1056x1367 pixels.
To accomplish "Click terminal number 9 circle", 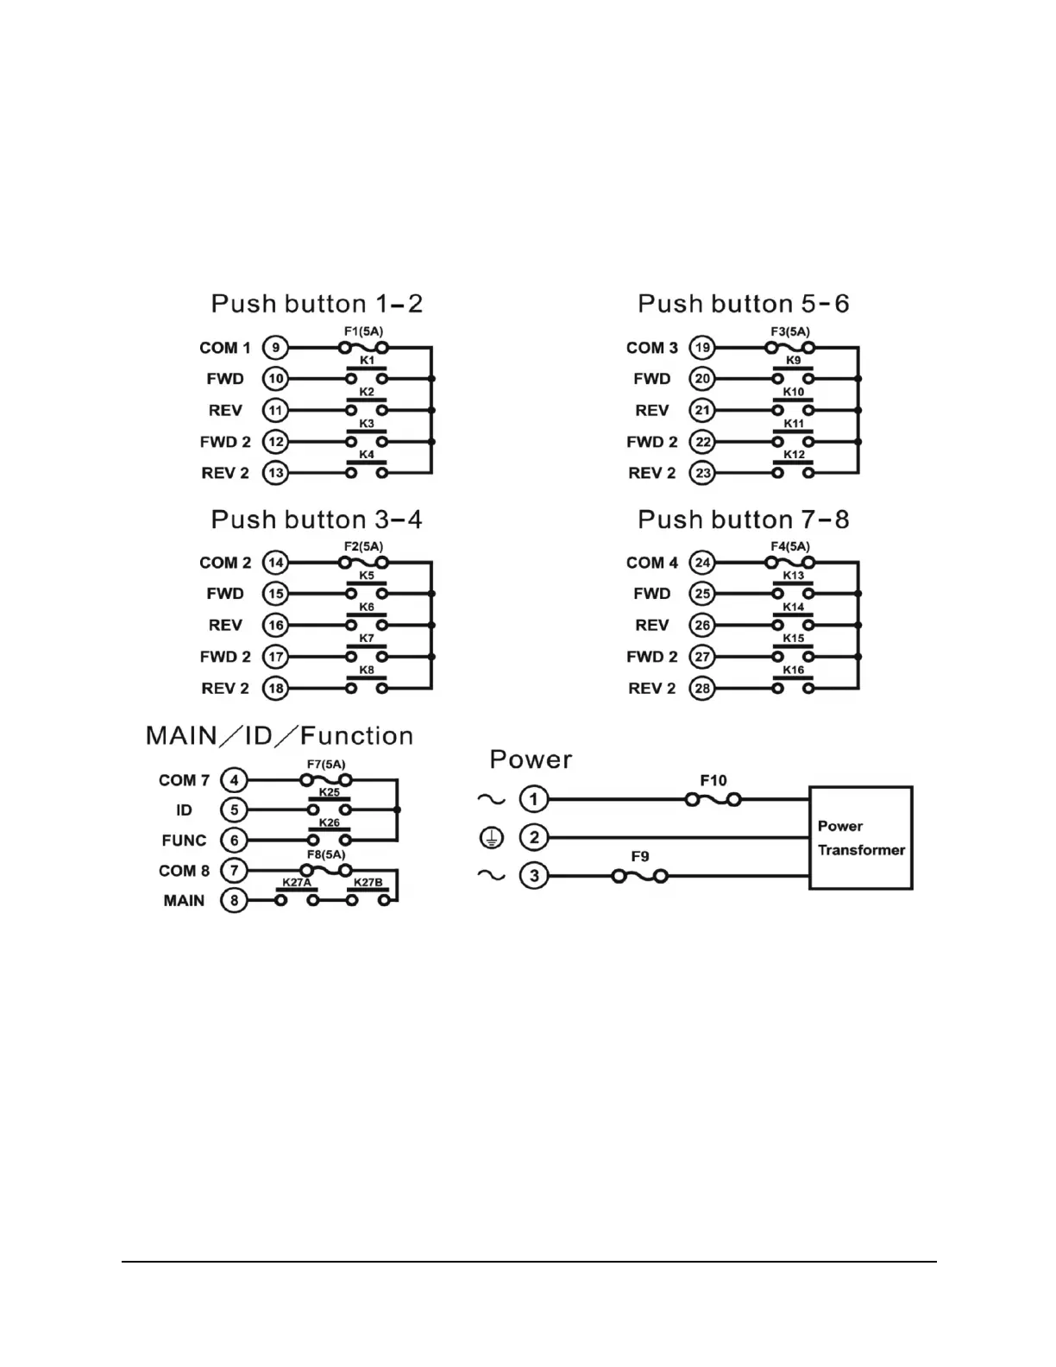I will click(x=275, y=348).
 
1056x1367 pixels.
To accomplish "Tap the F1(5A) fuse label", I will click(x=363, y=331).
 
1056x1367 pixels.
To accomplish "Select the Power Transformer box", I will click(x=860, y=837).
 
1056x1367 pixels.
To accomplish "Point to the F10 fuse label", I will click(x=713, y=780).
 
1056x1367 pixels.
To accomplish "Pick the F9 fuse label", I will click(x=639, y=856).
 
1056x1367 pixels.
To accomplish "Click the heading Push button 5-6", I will click(x=743, y=304).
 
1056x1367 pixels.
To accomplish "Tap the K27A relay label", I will click(x=296, y=883).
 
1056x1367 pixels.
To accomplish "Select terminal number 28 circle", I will click(x=702, y=688).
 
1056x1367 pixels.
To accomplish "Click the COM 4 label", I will click(x=652, y=563).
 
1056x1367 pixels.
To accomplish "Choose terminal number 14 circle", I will click(x=275, y=563).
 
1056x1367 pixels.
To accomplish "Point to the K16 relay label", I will click(x=794, y=670).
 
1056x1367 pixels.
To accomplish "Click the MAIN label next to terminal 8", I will click(x=185, y=900).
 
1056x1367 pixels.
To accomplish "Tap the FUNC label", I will click(x=184, y=840).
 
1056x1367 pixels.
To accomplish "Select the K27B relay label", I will click(x=368, y=883).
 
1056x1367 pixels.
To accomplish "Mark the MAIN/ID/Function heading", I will click(x=280, y=735).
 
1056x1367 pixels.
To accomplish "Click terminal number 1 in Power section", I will click(x=534, y=799).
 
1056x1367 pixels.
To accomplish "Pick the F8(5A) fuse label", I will click(x=326, y=854).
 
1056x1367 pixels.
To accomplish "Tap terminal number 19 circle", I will click(x=702, y=348).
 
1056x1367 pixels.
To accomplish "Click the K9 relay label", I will click(x=794, y=360).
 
